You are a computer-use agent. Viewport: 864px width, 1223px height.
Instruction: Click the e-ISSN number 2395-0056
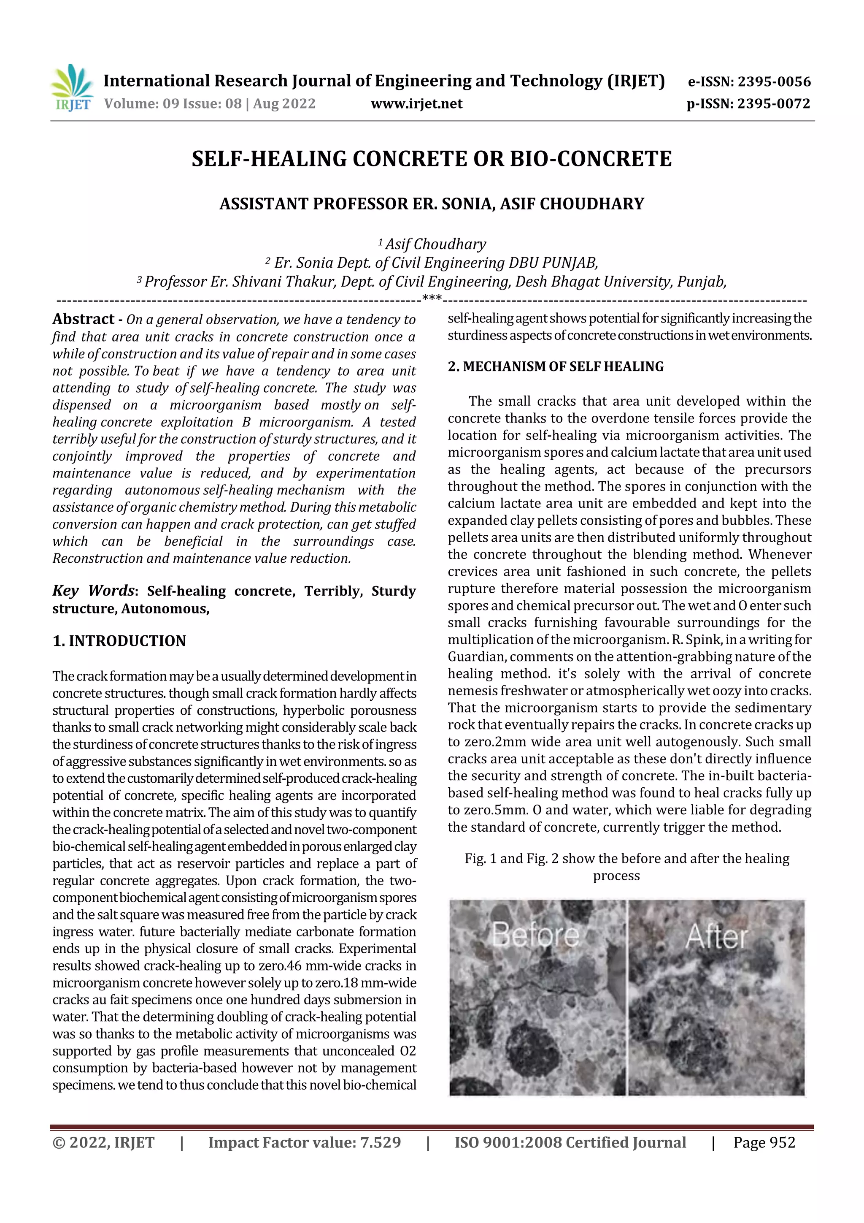click(x=773, y=81)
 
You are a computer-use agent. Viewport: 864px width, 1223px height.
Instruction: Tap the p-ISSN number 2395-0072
click(x=773, y=103)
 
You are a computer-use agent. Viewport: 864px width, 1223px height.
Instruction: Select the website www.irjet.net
click(x=416, y=103)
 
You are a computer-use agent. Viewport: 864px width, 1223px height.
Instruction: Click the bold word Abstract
click(x=84, y=319)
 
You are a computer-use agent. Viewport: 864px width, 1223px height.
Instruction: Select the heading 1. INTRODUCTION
click(x=119, y=641)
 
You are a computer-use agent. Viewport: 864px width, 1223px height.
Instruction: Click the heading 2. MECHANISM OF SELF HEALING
click(x=555, y=366)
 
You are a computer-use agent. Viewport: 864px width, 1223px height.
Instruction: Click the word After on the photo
click(x=716, y=936)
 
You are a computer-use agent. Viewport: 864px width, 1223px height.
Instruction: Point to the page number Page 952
click(x=764, y=1142)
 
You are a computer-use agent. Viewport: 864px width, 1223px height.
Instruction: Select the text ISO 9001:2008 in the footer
click(x=508, y=1142)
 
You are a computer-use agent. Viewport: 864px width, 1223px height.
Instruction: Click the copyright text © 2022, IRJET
click(x=103, y=1142)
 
